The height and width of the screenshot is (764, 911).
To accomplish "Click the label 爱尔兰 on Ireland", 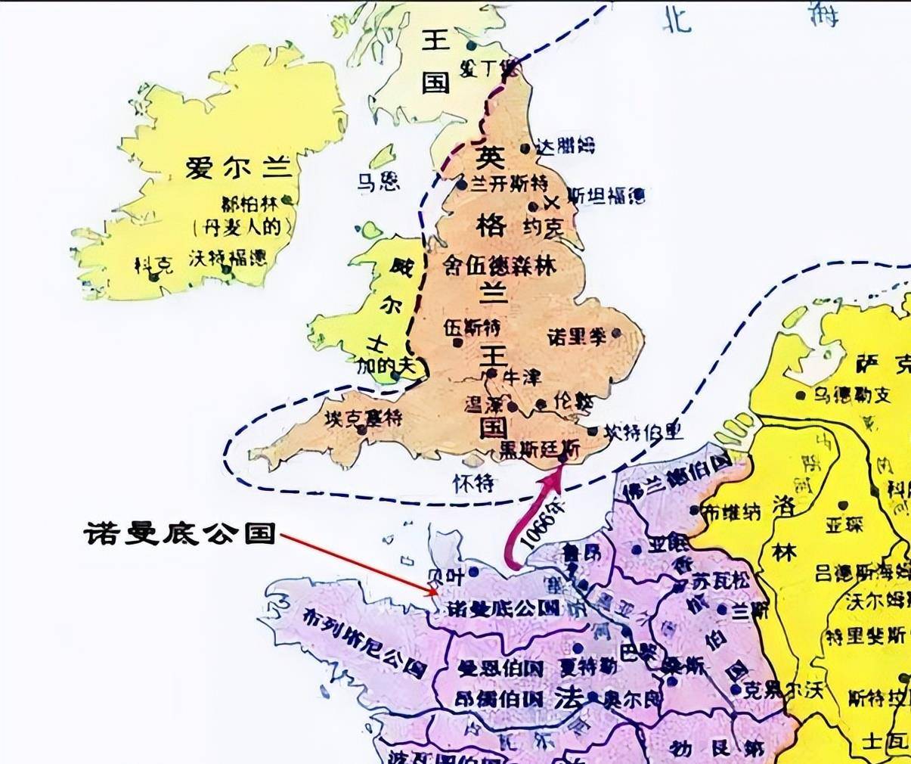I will [238, 168].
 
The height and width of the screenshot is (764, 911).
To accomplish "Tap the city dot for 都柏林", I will [288, 203].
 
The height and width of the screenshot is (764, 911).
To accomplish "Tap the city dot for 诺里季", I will [617, 333].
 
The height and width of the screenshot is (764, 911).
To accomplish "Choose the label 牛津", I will [522, 376].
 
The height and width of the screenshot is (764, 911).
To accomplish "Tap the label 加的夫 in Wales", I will [386, 365].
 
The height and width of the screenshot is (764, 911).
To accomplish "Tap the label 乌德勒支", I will [852, 394].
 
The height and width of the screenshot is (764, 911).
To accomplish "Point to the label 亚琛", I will [844, 524].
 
